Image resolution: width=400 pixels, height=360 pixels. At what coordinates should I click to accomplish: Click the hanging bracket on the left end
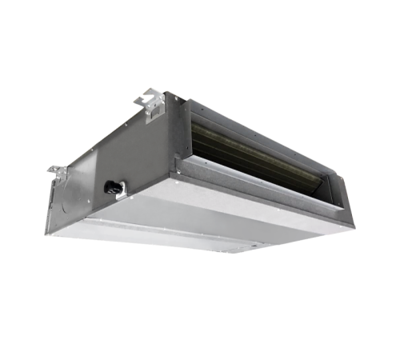pos(58,171)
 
